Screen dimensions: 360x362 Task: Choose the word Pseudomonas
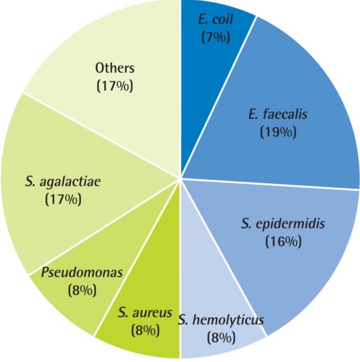coord(81,273)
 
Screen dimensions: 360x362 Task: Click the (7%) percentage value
coord(215,38)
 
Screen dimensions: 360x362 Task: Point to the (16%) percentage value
coord(283,241)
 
